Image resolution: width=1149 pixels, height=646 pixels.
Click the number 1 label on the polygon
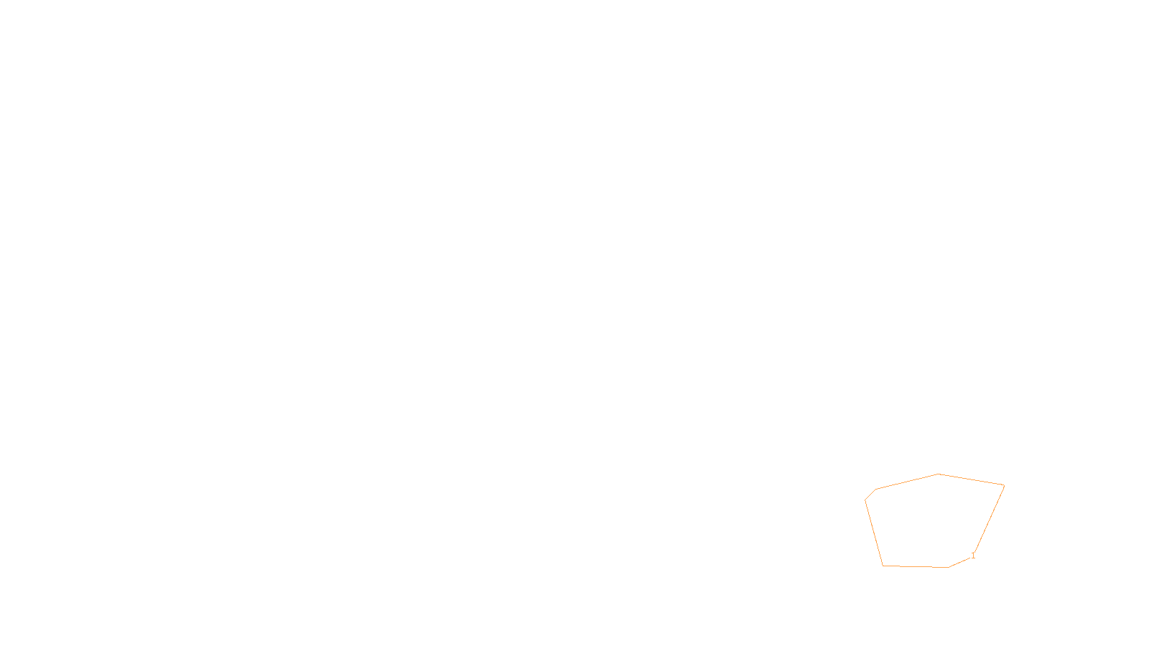[973, 556]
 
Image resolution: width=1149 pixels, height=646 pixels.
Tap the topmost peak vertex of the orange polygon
[938, 474]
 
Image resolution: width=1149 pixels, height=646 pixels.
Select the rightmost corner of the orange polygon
[1005, 485]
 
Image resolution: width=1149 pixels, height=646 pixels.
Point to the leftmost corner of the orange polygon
[865, 500]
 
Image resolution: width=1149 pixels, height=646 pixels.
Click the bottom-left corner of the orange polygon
[883, 566]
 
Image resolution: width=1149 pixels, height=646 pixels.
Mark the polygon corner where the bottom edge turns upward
[948, 568]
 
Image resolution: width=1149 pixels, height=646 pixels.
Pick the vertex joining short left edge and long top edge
[876, 489]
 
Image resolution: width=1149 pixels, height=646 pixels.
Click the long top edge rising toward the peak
[907, 482]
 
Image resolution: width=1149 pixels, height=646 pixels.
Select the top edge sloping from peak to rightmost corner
[971, 479]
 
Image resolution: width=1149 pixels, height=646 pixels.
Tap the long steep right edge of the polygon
[990, 518]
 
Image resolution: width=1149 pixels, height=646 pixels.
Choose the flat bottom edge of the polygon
[916, 566]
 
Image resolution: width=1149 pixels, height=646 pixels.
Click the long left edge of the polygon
[873, 533]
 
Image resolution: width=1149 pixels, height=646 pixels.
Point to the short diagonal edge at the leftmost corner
[870, 495]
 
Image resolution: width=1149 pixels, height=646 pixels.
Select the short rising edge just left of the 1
[959, 563]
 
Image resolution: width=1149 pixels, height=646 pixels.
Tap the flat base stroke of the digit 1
[973, 558]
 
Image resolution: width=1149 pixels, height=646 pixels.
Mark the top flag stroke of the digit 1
[972, 553]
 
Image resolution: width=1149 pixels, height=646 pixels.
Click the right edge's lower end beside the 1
[974, 552]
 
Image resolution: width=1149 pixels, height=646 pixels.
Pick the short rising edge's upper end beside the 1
[970, 557]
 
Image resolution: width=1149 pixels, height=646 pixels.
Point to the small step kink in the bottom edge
[933, 567]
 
